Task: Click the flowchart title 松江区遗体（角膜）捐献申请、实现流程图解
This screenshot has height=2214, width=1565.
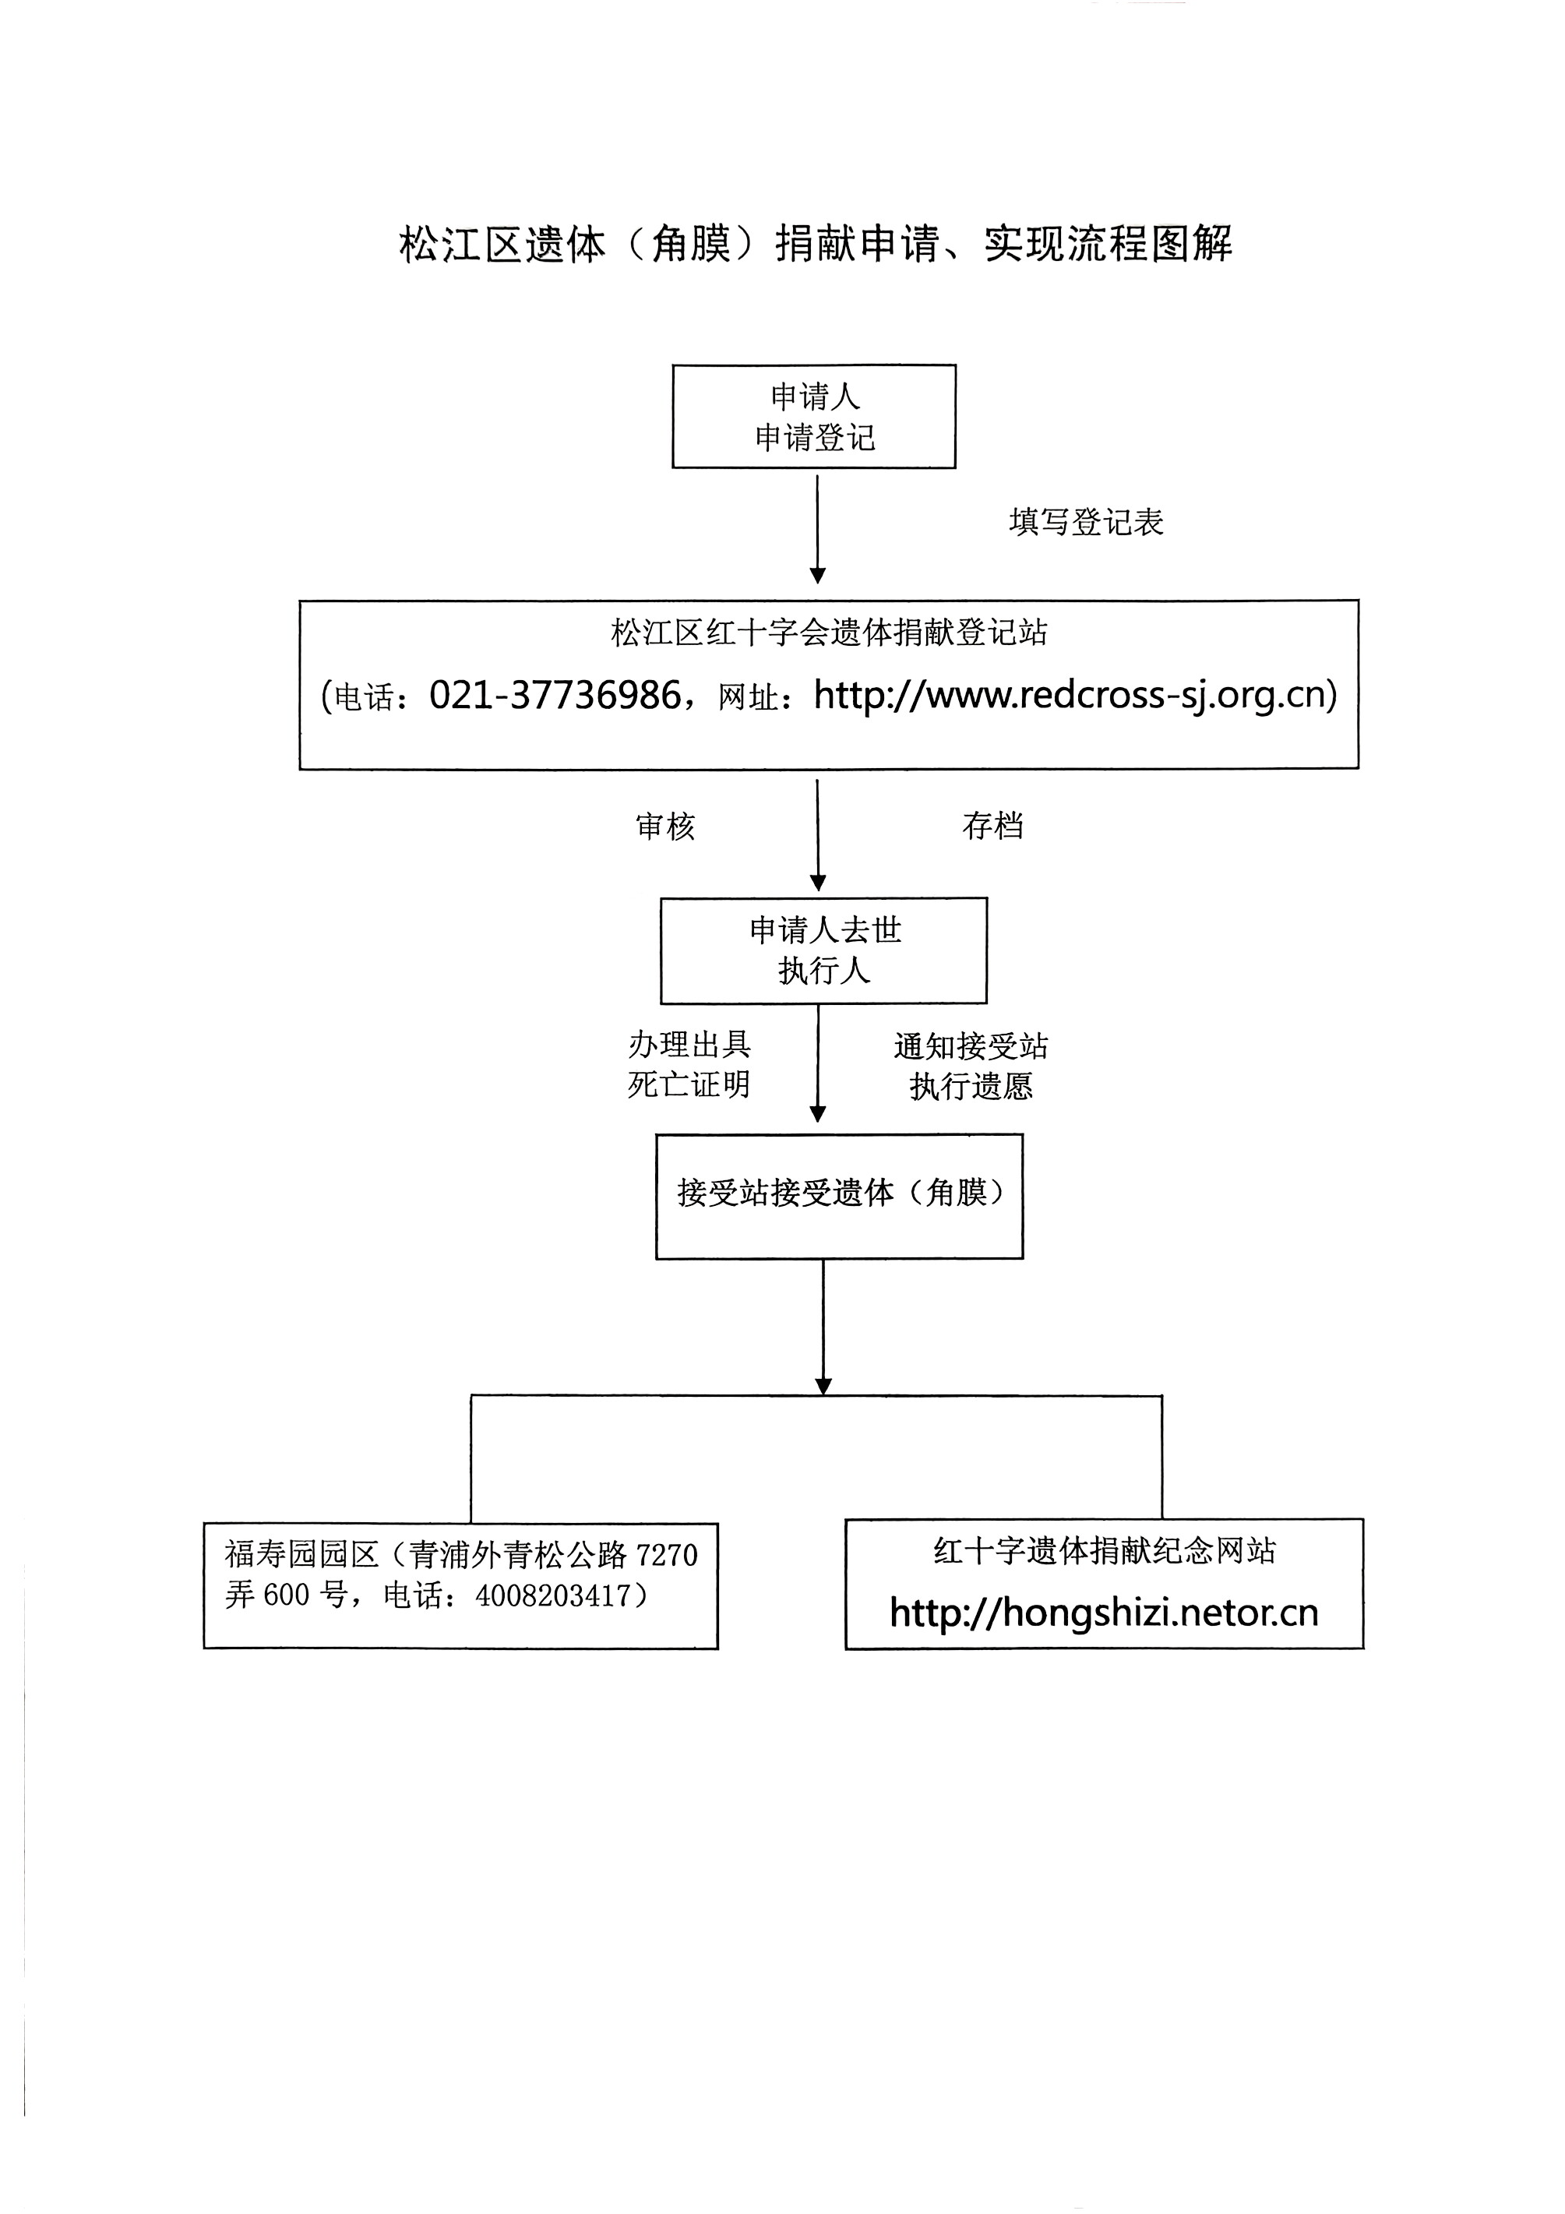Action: [x=816, y=244]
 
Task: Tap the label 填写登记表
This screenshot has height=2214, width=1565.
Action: [x=1087, y=522]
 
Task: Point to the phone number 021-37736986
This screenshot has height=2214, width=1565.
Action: [x=555, y=694]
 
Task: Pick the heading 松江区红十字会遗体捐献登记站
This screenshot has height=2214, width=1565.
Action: [x=830, y=633]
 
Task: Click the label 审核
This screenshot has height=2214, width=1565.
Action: [x=665, y=827]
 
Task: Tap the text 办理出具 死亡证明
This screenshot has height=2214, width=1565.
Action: [x=689, y=1065]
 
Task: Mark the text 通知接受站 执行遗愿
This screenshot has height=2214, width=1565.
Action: [x=971, y=1066]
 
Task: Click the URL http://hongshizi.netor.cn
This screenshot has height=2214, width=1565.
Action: [x=1104, y=1613]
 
